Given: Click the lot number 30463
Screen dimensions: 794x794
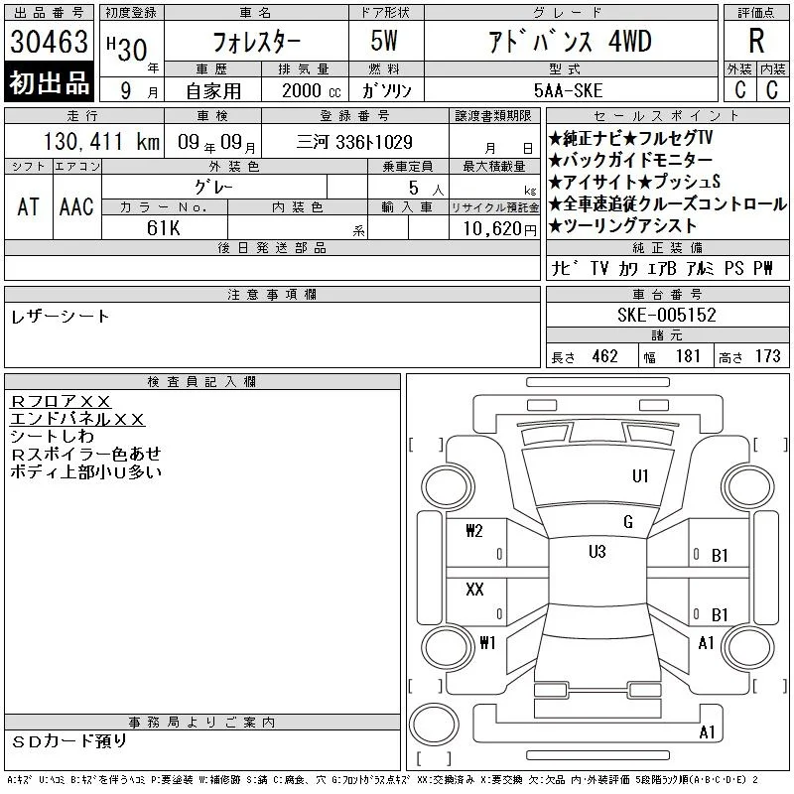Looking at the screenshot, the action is pyautogui.click(x=49, y=42).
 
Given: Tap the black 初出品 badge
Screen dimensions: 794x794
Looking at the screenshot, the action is pyautogui.click(x=49, y=82).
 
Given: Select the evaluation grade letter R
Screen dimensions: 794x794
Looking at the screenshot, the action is pyautogui.click(x=756, y=41).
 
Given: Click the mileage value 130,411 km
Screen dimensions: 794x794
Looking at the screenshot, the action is pyautogui.click(x=101, y=141).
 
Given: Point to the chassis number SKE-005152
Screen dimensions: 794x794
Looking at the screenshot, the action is pyautogui.click(x=666, y=315).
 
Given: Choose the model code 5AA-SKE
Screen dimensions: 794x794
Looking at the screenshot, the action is pyautogui.click(x=568, y=90).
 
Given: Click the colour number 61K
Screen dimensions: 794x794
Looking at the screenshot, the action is pyautogui.click(x=163, y=228).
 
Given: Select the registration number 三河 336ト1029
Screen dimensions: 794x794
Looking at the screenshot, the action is pyautogui.click(x=354, y=142).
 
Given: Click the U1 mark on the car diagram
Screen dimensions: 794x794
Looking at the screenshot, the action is pyautogui.click(x=640, y=476).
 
